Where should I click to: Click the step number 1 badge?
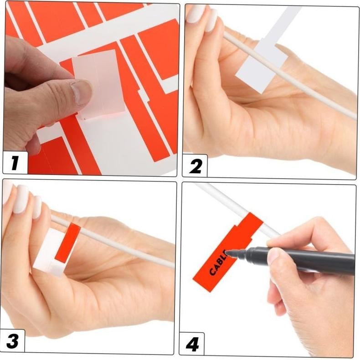[15, 163]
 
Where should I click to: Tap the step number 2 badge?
[195, 166]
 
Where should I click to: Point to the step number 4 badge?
[192, 345]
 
